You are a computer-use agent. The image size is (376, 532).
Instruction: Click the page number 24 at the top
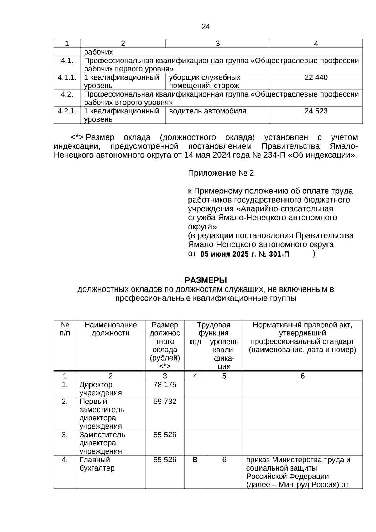(x=206, y=27)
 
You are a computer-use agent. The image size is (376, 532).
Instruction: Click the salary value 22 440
(x=316, y=77)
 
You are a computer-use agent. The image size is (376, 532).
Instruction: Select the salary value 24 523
(x=316, y=111)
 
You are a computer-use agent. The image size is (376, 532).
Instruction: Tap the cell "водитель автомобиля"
(x=207, y=111)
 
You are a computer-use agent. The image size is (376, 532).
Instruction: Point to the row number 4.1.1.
(x=67, y=77)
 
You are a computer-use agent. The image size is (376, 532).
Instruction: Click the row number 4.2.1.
(x=67, y=111)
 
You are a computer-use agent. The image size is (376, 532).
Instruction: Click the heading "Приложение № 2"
(x=221, y=173)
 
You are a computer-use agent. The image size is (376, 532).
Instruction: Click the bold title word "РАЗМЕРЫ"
(x=206, y=280)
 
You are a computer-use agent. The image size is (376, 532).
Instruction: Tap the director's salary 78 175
(x=165, y=385)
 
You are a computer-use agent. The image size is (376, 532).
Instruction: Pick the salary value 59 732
(x=165, y=401)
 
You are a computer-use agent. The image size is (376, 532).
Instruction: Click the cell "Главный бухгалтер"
(x=97, y=464)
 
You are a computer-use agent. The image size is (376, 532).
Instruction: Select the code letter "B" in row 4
(x=195, y=460)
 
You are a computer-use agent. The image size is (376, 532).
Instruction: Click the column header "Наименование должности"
(x=110, y=329)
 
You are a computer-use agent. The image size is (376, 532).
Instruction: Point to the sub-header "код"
(x=195, y=342)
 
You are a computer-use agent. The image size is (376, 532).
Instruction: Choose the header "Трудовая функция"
(x=214, y=329)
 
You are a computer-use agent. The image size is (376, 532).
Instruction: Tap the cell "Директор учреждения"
(x=100, y=389)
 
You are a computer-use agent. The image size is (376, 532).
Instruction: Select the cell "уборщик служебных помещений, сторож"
(x=204, y=82)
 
